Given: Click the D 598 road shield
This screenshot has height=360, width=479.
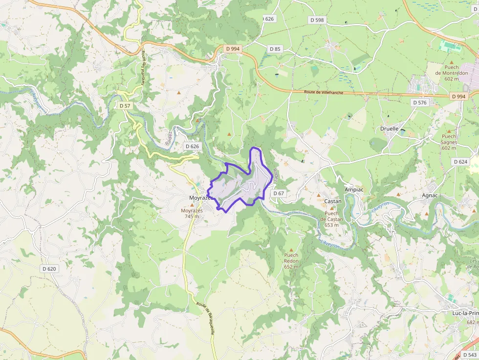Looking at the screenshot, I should click(317, 20).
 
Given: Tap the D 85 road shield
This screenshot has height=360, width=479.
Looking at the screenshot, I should click(275, 49).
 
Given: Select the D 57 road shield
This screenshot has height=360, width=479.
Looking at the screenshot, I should click(125, 106).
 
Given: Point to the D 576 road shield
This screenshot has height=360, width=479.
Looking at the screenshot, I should click(420, 103).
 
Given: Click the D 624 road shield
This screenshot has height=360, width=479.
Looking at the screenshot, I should click(460, 162).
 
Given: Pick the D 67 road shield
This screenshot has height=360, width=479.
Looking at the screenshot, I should click(279, 193).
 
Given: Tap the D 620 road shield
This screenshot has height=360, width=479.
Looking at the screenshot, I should click(49, 269).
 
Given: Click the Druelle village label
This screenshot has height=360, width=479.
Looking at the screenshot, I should click(390, 129).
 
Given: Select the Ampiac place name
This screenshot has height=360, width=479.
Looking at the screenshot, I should click(354, 190).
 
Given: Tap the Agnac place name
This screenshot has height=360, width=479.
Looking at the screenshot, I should click(430, 195).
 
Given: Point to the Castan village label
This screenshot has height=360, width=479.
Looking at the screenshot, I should click(333, 201).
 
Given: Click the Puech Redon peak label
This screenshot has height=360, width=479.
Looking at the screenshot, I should click(291, 258).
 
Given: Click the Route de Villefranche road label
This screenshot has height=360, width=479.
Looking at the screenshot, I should click(324, 92).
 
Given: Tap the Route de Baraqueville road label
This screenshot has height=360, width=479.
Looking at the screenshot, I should click(206, 318).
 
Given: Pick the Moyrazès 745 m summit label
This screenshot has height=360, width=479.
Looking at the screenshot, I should click(192, 213).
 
